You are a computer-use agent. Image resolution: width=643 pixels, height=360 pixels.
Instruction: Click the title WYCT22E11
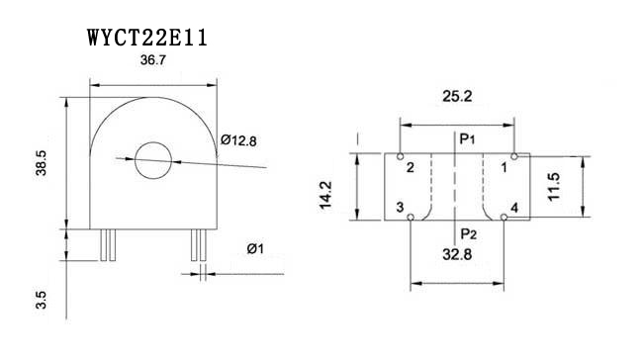147,38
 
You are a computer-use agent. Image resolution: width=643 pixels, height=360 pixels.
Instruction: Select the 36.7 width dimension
153,60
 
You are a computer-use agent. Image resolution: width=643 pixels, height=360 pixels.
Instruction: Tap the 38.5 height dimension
42,163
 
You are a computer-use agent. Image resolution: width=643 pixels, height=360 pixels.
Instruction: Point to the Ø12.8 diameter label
238,140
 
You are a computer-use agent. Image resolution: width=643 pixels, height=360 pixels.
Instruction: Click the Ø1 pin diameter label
255,248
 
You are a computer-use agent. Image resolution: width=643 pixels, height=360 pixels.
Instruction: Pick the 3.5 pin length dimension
42,300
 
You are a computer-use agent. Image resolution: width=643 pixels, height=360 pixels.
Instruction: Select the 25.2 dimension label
457,96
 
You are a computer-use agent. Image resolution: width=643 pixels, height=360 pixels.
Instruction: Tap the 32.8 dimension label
457,254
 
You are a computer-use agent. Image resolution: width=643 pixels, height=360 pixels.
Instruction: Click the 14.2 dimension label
325,195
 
